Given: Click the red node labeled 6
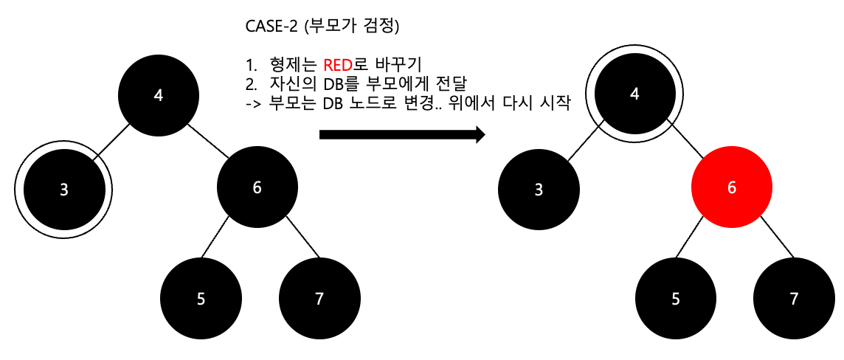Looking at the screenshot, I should [731, 188].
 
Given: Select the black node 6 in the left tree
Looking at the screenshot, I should [257, 188].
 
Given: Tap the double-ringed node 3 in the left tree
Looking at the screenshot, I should [65, 190].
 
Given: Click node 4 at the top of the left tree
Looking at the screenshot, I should [159, 95].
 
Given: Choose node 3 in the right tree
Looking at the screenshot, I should [539, 190].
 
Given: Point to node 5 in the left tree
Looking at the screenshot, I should [201, 299].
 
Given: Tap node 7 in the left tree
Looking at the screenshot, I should [319, 299].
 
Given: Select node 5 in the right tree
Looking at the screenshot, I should [675, 299].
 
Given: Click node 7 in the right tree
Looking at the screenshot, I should [794, 299].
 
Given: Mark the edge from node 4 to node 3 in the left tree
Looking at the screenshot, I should [114, 140].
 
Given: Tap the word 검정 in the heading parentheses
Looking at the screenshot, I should [383, 27].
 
